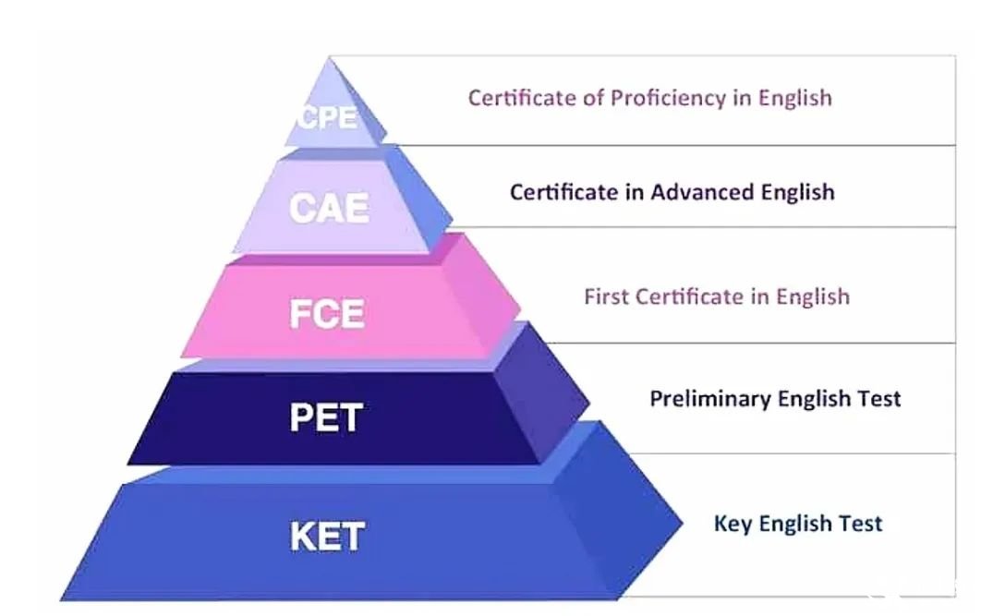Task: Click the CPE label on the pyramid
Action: click(x=328, y=116)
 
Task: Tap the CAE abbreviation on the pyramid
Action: click(x=329, y=208)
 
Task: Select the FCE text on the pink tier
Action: click(x=327, y=313)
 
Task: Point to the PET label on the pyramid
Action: click(x=326, y=417)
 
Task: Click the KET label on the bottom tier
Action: click(x=327, y=536)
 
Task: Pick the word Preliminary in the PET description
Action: click(x=710, y=399)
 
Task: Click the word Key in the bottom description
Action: click(x=733, y=524)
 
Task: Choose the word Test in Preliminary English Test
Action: click(x=879, y=398)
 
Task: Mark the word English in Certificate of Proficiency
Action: click(x=795, y=99)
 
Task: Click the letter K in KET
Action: click(x=302, y=536)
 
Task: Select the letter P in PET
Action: click(x=300, y=417)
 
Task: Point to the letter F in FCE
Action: click(x=300, y=313)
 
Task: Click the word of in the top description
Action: click(x=593, y=98)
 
